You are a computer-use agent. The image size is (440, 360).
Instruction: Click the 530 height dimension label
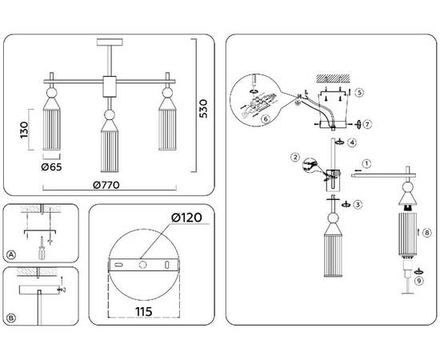[x=203, y=109]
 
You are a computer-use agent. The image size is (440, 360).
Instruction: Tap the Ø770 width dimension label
[x=106, y=185]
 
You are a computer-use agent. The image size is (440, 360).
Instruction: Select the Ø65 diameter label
[x=51, y=167]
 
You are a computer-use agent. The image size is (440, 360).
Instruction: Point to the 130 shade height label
[x=24, y=130]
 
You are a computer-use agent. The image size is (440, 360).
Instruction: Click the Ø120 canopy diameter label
[x=186, y=218]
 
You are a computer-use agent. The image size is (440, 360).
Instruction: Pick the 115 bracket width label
[x=144, y=311]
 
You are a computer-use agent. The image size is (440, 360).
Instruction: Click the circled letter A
[x=11, y=254]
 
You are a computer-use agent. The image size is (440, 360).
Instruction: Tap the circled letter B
[x=11, y=318]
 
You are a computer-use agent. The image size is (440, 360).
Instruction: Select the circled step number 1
[x=366, y=164]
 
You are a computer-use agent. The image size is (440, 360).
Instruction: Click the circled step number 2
[x=295, y=157]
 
